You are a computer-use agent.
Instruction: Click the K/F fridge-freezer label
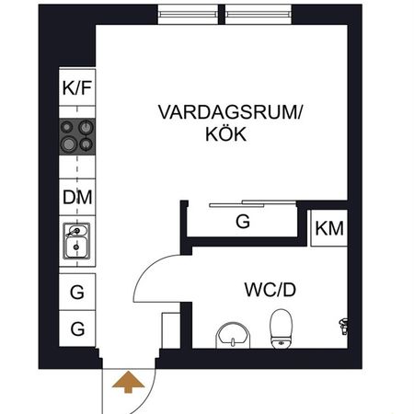pos(77,89)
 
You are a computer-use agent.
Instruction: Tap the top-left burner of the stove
pos(69,129)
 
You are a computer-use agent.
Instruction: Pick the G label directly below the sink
pos(77,293)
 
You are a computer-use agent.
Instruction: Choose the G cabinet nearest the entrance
pos(77,328)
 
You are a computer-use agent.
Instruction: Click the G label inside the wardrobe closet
pos(243,222)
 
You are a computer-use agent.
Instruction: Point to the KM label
pos(329,228)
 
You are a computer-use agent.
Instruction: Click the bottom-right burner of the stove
pos(86,145)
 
